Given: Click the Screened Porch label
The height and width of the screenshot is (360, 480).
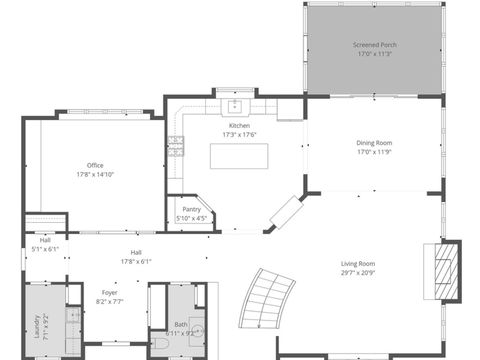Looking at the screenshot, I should pyautogui.click(x=373, y=45).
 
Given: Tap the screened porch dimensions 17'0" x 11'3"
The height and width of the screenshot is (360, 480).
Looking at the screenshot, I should pyautogui.click(x=373, y=55).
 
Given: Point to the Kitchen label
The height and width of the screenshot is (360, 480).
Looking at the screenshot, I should pyautogui.click(x=239, y=125).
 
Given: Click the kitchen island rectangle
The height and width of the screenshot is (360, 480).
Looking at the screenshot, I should pyautogui.click(x=241, y=156).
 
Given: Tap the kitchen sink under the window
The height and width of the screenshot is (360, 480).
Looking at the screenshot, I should pyautogui.click(x=236, y=104).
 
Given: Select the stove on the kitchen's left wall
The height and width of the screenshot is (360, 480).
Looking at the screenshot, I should pyautogui.click(x=176, y=146).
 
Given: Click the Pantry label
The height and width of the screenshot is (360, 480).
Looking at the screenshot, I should pyautogui.click(x=191, y=209).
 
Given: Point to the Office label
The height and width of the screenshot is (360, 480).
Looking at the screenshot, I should pyautogui.click(x=95, y=165).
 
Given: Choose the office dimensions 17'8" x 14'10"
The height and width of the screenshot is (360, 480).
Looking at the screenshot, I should pyautogui.click(x=95, y=175).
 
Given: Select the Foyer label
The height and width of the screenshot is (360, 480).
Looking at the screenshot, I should pyautogui.click(x=109, y=292).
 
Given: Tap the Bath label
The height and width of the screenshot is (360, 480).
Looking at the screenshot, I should pyautogui.click(x=181, y=323).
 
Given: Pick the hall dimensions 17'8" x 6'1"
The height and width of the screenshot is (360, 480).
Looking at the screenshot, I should pyautogui.click(x=135, y=261).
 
